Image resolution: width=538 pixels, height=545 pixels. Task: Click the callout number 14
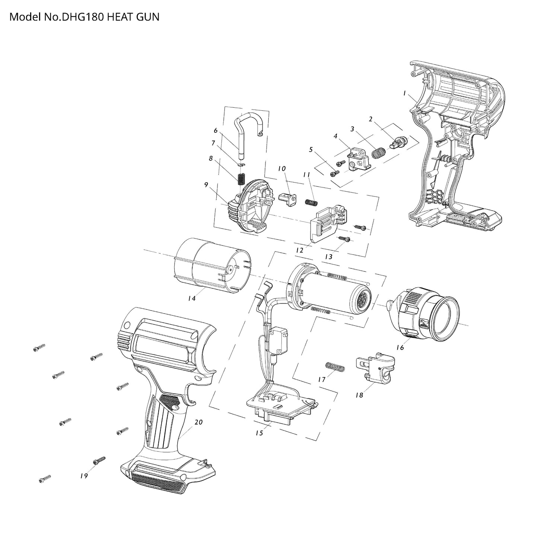(192, 298)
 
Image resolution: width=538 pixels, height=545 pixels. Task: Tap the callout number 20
(199, 422)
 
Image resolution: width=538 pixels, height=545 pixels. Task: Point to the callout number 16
(400, 347)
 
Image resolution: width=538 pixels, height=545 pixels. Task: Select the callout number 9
(206, 185)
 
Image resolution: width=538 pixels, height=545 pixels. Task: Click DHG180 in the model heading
(83, 17)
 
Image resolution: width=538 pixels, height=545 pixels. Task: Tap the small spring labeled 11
(311, 202)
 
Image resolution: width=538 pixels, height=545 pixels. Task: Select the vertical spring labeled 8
(241, 179)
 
